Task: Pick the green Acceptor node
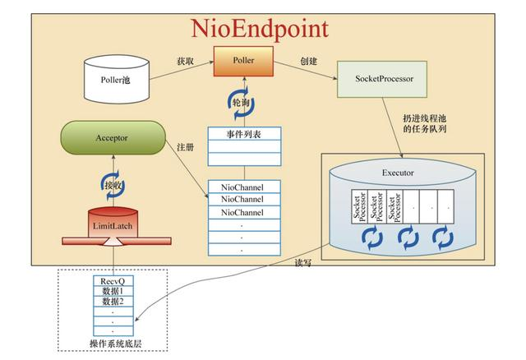click(x=113, y=138)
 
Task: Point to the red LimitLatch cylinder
click(x=113, y=223)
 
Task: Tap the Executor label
click(x=398, y=174)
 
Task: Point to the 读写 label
click(x=304, y=262)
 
